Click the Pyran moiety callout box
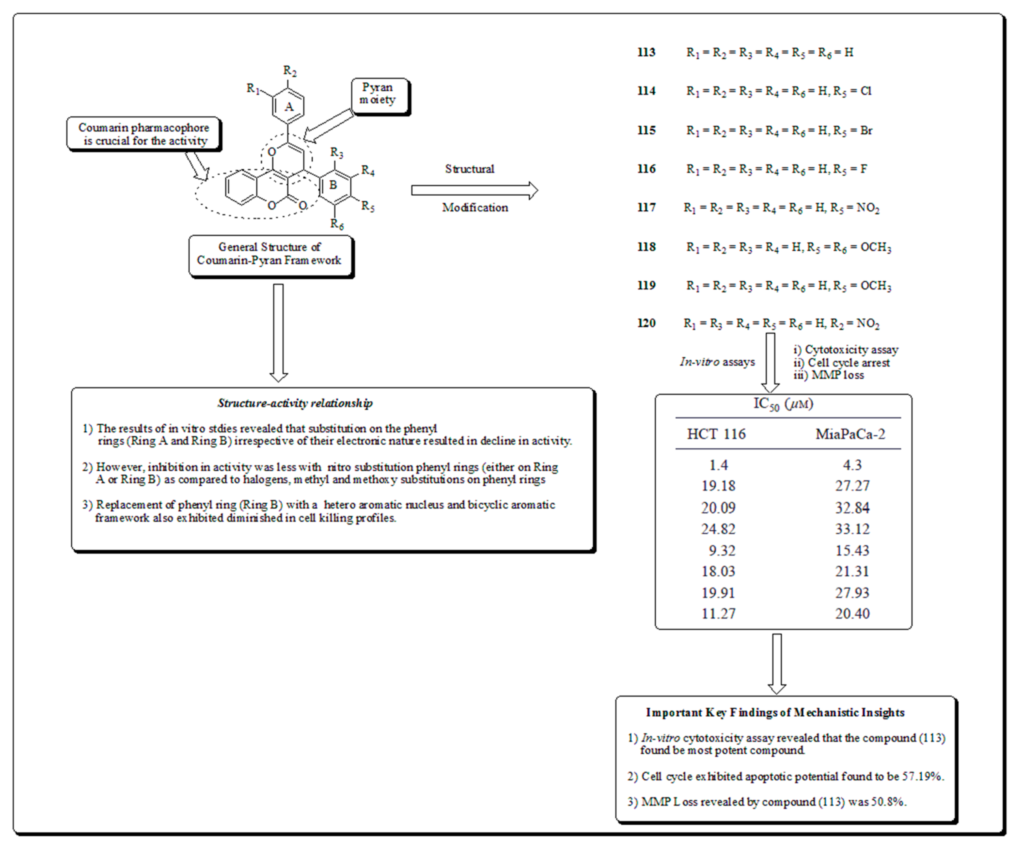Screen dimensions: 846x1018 click(x=380, y=95)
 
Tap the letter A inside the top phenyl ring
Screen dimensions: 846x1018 click(x=289, y=107)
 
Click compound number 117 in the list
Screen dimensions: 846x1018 click(x=646, y=208)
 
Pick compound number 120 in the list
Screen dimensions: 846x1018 click(x=646, y=323)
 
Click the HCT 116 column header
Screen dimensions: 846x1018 click(x=716, y=434)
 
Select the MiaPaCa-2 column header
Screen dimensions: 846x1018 click(x=850, y=434)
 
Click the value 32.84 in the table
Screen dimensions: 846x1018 click(x=852, y=508)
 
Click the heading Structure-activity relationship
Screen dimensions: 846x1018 click(x=295, y=403)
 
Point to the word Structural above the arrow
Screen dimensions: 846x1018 click(x=469, y=169)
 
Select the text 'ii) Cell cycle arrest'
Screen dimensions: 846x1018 click(x=841, y=363)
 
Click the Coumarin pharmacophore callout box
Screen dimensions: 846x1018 click(x=144, y=134)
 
